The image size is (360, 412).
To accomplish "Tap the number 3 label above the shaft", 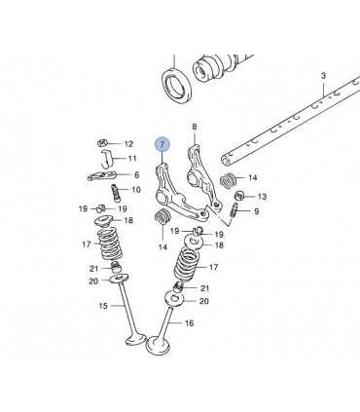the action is [x=323, y=76].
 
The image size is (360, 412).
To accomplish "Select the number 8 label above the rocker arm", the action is [x=195, y=127].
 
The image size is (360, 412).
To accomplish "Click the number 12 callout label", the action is [x=128, y=144].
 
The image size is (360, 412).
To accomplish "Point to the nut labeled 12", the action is [x=102, y=142].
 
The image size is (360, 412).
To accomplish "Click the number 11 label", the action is [x=132, y=159].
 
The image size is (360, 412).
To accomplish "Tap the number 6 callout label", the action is [x=136, y=175].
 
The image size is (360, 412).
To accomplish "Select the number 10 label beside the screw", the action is [x=136, y=190].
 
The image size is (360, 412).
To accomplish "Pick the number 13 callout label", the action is [x=262, y=197].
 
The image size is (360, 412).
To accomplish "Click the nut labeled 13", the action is [x=239, y=196].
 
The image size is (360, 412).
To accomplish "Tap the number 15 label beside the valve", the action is [x=103, y=306].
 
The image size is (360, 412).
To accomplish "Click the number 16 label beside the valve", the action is [x=189, y=323].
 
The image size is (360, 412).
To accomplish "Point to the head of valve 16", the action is [x=158, y=346].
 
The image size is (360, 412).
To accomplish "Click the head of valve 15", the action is [x=135, y=339].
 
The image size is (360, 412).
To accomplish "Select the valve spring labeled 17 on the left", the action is [x=109, y=243].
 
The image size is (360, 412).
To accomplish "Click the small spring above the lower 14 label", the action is [x=162, y=218].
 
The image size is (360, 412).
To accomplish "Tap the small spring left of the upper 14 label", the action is [x=229, y=180].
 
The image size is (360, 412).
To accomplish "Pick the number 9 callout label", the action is [x=257, y=211].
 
